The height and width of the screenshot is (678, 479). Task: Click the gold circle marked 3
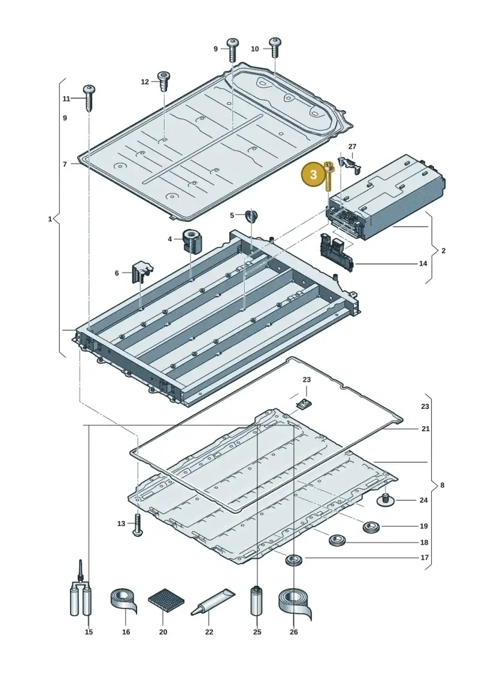314,174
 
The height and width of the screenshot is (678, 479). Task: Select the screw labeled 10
275,47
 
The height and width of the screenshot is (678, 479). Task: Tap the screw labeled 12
164,82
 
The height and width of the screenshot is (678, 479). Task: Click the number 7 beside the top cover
65,164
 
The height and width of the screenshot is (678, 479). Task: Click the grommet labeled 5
250,215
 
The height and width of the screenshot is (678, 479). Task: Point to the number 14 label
423,263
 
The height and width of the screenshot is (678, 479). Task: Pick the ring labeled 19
371,527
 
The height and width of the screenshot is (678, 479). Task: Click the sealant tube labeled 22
213,602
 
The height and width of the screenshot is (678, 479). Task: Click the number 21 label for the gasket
426,429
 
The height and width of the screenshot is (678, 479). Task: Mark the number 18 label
424,543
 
